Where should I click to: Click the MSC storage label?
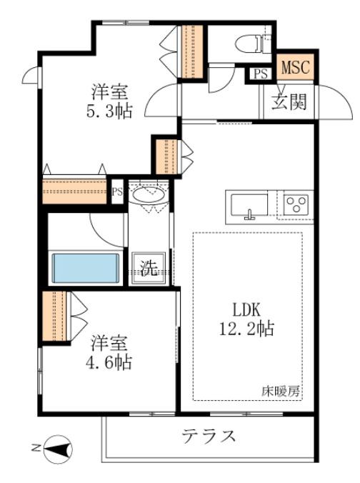pos(295,67)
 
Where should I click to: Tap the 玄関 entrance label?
pos(289,101)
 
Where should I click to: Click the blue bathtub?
pos(86,268)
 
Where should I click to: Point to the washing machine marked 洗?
pos(149,268)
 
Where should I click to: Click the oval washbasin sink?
pos(149,194)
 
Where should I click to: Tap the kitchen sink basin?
pos(249,206)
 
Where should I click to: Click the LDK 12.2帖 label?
pos(246,319)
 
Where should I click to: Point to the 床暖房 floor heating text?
pos(281,392)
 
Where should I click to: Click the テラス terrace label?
pos(209,436)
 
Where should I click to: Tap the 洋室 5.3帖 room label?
pos(109,101)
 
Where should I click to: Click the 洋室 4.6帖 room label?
pos(109,353)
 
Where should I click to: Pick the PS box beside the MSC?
pos(261,74)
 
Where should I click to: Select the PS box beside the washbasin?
pos(117,192)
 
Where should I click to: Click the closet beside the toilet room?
pos(192,51)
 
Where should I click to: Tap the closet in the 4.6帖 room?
pos(54,316)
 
